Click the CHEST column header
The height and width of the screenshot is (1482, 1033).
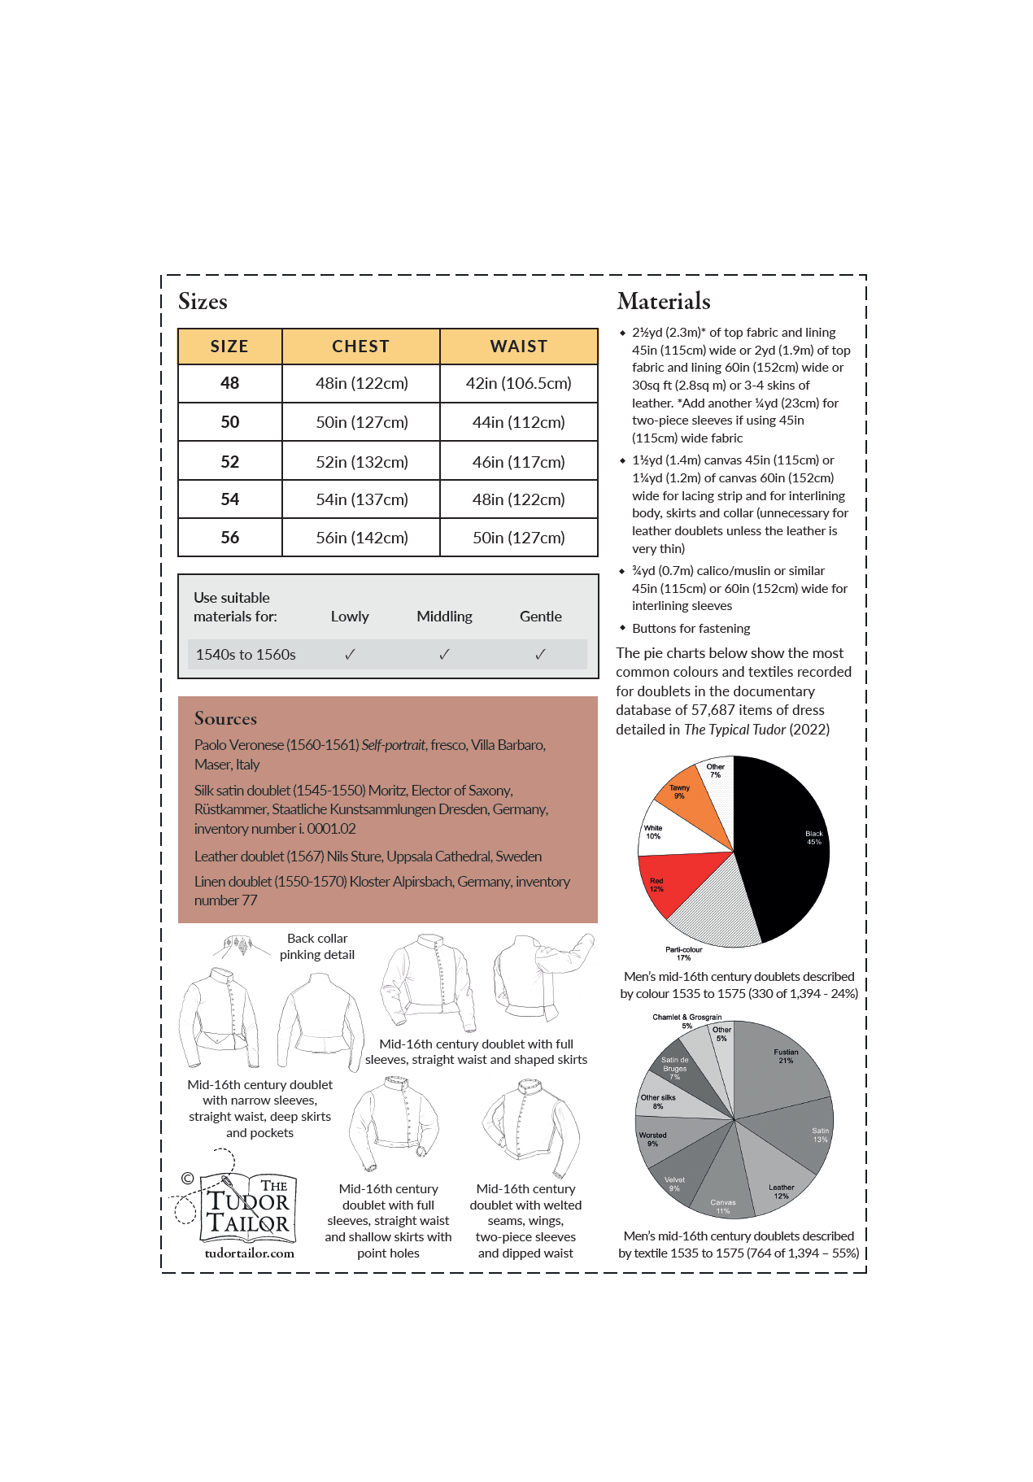360,347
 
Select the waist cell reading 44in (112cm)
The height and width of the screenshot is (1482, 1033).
518,422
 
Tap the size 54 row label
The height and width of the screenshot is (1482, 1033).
230,499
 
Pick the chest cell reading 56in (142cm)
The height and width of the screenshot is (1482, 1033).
362,538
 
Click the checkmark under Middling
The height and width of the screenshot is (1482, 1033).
444,654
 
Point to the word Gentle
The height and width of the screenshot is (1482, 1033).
540,617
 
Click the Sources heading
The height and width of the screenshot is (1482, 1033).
225,718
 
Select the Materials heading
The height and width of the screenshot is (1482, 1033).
664,302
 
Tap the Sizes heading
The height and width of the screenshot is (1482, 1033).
203,302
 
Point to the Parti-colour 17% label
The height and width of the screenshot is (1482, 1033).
683,953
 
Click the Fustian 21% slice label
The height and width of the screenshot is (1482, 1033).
786,1056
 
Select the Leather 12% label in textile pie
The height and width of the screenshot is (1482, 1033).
781,1191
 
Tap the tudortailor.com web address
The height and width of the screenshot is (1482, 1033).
249,1253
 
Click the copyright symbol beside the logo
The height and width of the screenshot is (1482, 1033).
187,1178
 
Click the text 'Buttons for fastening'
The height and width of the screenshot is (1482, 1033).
691,629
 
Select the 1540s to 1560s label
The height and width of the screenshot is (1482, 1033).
246,655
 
